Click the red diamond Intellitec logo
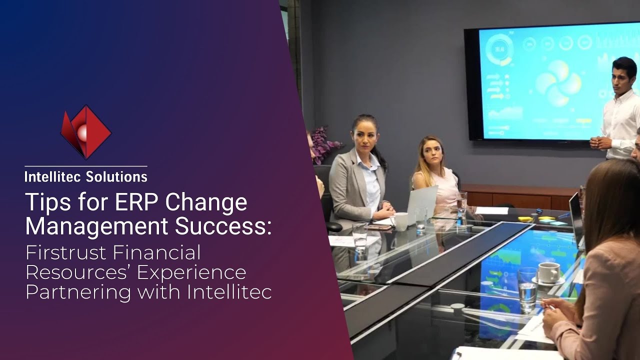pyautogui.click(x=85, y=132)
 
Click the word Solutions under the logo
pyautogui.click(x=116, y=177)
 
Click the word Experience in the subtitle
pyautogui.click(x=191, y=273)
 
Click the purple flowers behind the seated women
pyautogui.click(x=325, y=144)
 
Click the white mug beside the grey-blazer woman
pyautogui.click(x=400, y=221)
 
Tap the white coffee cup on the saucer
pyautogui.click(x=548, y=272)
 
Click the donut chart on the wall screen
pyautogui.click(x=499, y=50)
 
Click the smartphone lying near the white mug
pyautogui.click(x=379, y=227)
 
